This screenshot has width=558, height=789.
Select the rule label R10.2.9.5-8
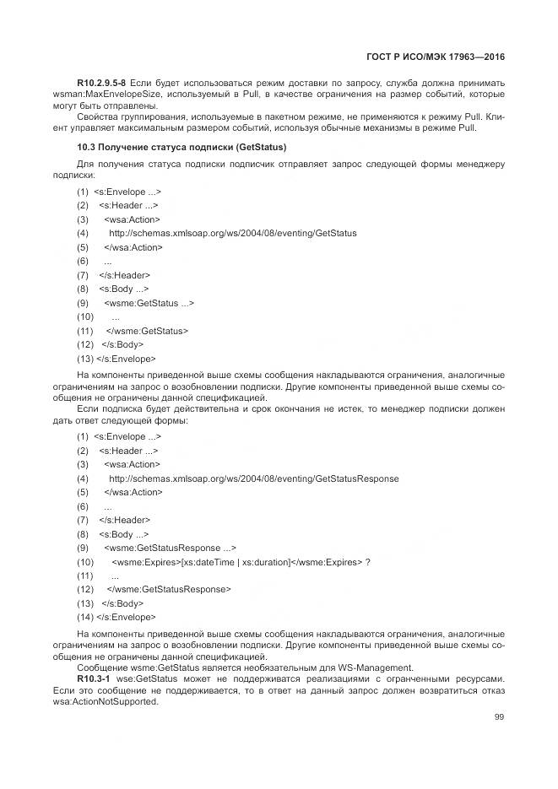[101, 83]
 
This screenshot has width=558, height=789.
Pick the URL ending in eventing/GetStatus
[233, 233]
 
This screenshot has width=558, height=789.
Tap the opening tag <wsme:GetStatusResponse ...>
[171, 548]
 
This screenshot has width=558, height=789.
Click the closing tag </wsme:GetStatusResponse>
[168, 589]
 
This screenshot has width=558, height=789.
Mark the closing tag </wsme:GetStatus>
[147, 331]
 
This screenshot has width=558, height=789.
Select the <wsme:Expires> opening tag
[146, 561]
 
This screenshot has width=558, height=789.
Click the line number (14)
[84, 617]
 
